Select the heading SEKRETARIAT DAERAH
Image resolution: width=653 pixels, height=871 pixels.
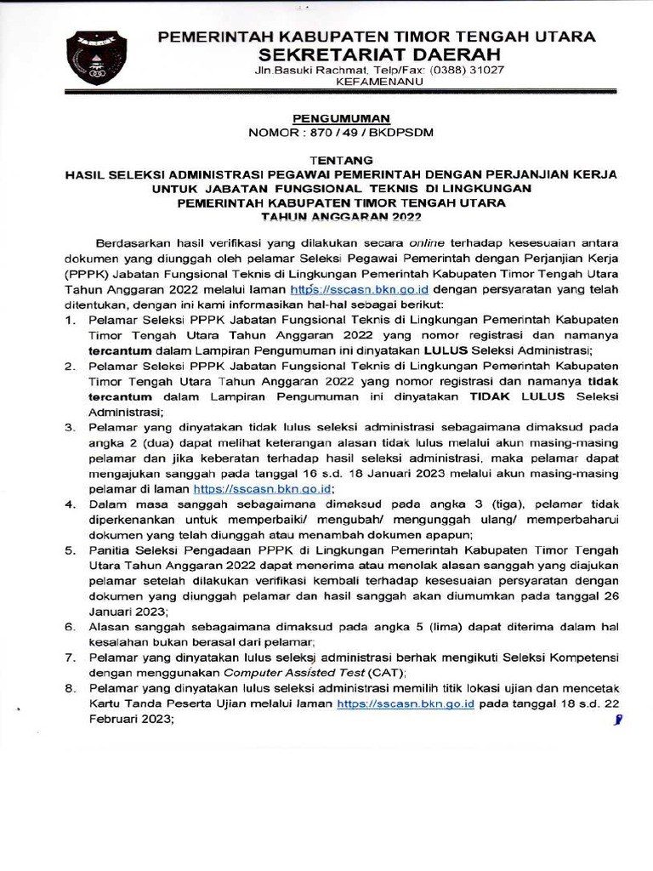[378, 54]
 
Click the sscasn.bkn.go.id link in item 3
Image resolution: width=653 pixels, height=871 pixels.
[262, 489]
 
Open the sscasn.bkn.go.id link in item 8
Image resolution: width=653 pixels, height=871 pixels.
[405, 704]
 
